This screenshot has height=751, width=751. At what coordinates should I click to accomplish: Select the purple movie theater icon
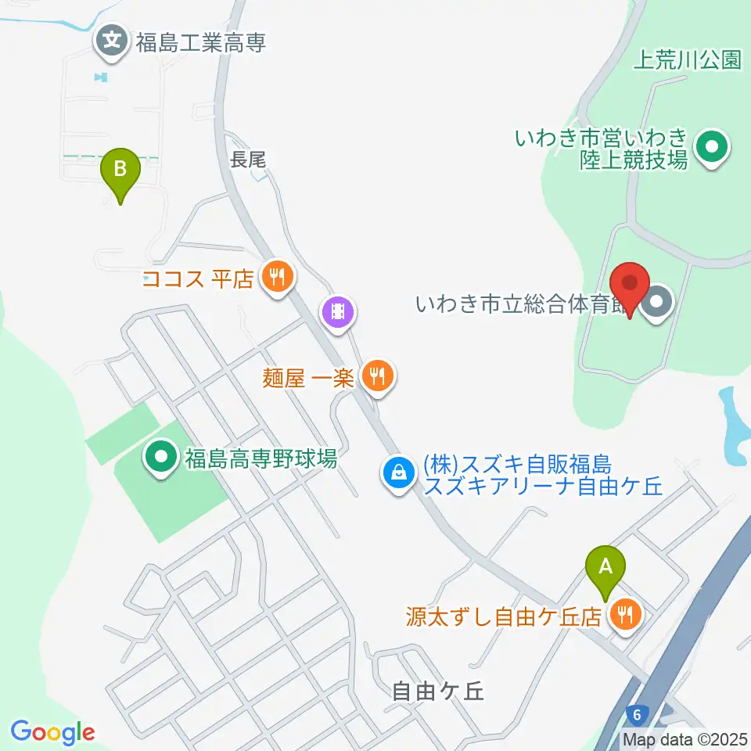[x=337, y=313]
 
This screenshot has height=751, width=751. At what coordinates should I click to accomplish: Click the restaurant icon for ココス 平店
[x=276, y=276]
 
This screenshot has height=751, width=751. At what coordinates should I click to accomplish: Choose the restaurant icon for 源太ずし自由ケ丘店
[x=625, y=615]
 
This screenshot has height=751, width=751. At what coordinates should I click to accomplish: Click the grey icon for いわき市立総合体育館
[x=656, y=304]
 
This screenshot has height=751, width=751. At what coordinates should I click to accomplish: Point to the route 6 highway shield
[x=638, y=714]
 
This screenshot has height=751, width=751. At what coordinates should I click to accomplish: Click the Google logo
[x=52, y=731]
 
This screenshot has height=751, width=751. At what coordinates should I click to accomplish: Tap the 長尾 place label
[x=248, y=160]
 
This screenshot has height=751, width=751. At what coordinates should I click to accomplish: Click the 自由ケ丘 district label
[x=439, y=691]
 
